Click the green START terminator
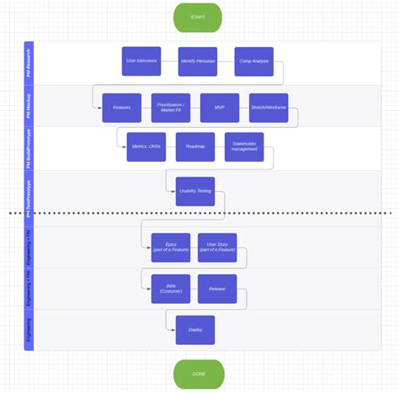[198, 16]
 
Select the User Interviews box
[141, 61]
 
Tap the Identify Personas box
[198, 61]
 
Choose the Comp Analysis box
[254, 61]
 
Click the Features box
[121, 108]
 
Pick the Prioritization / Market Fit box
[171, 108]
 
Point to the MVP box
[220, 108]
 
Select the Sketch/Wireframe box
[269, 108]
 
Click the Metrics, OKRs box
[146, 146]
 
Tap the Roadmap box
[195, 146]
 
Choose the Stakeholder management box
[244, 146]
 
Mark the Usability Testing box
[195, 191]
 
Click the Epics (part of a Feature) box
[171, 247]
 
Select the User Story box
[217, 247]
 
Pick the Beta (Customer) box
[171, 289]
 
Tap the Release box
[217, 289]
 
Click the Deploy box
[195, 330]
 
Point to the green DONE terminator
[198, 373]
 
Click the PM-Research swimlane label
[29, 63]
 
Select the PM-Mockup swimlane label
[29, 106]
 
